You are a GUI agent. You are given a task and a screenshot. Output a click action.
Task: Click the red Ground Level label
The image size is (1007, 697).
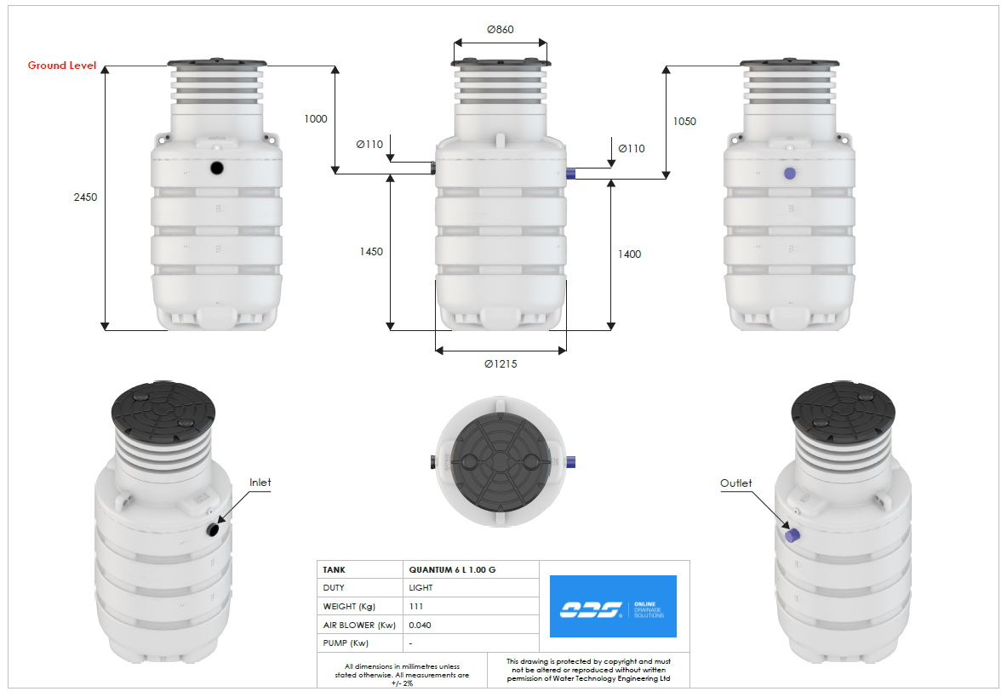tap(62, 66)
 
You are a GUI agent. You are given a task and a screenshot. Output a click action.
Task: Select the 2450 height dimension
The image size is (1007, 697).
tap(86, 197)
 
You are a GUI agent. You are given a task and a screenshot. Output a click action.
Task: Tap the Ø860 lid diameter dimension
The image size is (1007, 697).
tap(501, 29)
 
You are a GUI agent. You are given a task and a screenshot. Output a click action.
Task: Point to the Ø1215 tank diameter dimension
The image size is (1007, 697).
tap(501, 364)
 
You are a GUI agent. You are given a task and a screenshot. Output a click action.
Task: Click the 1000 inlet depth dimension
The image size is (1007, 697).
tap(315, 119)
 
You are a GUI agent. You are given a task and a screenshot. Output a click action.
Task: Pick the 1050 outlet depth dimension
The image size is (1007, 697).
tap(684, 122)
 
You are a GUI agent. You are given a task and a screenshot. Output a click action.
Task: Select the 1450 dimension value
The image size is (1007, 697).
tap(371, 252)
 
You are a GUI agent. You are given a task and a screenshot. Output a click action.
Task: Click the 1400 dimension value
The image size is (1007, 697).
tap(630, 254)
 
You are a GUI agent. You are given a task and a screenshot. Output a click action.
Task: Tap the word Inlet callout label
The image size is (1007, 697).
tap(260, 483)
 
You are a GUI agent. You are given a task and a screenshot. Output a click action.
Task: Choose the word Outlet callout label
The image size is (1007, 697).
tap(736, 483)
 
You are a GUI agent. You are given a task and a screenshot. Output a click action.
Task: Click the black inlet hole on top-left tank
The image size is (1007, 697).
tap(217, 168)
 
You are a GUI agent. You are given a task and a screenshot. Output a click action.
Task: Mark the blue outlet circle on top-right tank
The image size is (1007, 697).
tap(790, 173)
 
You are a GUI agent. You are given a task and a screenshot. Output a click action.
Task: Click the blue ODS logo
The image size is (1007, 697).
tap(613, 606)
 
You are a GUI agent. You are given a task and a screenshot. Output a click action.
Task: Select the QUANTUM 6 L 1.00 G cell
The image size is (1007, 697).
tap(451, 569)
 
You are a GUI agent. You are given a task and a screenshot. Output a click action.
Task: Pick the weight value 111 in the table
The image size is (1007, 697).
tap(416, 607)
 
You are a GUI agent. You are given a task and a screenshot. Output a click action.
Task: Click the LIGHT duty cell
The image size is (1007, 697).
tap(421, 588)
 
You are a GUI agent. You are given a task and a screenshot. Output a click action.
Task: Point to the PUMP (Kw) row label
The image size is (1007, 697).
tap(348, 643)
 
